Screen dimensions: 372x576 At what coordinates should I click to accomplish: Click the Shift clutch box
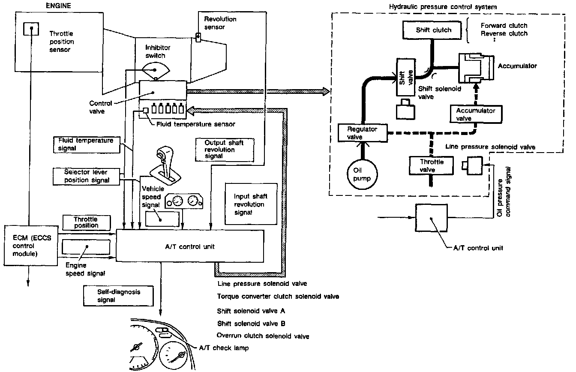pos(434,30)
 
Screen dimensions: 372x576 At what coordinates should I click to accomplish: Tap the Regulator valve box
pos(362,132)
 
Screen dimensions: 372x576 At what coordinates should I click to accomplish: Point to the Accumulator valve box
pos(475,114)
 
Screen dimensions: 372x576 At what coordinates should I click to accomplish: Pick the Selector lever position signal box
pos(86,176)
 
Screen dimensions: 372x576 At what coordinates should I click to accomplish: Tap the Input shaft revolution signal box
pos(250,204)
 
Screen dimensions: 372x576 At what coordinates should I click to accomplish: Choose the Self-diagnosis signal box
pos(118,296)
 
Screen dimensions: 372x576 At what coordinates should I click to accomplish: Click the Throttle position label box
pos(86,222)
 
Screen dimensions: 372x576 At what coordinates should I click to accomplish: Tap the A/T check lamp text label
pos(223,348)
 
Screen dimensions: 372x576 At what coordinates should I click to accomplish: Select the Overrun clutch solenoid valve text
pos(263,336)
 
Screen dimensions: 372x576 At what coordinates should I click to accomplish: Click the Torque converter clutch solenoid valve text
pos(278,297)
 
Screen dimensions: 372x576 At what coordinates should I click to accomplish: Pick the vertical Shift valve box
pos(405,77)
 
